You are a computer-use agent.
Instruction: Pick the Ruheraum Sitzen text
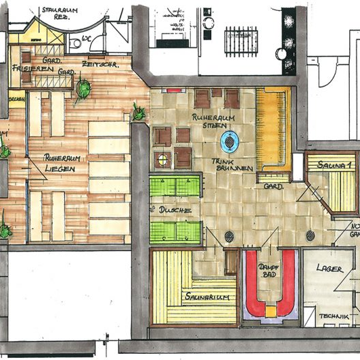point(213,121)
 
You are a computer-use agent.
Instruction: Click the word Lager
point(330,269)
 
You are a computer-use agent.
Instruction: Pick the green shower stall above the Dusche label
point(175,186)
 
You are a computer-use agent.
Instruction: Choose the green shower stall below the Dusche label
point(175,232)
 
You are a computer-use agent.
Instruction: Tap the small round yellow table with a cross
point(162,160)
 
